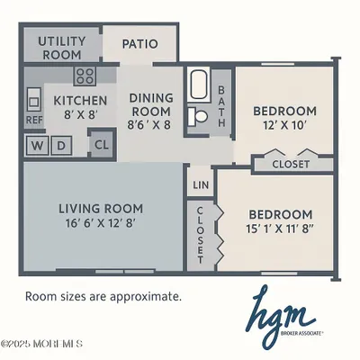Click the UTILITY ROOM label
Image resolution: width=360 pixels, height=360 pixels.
(x=62, y=48)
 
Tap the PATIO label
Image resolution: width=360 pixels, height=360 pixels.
(x=139, y=43)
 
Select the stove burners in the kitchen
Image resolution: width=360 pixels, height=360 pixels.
(x=85, y=76)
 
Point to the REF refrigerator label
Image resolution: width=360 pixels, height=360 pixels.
(x=33, y=120)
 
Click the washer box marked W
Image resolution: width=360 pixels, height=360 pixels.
(x=39, y=145)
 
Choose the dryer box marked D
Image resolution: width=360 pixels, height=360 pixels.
(x=61, y=145)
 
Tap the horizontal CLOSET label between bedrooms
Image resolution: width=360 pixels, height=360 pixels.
(x=287, y=165)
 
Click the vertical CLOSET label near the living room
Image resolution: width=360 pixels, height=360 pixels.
(x=199, y=233)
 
